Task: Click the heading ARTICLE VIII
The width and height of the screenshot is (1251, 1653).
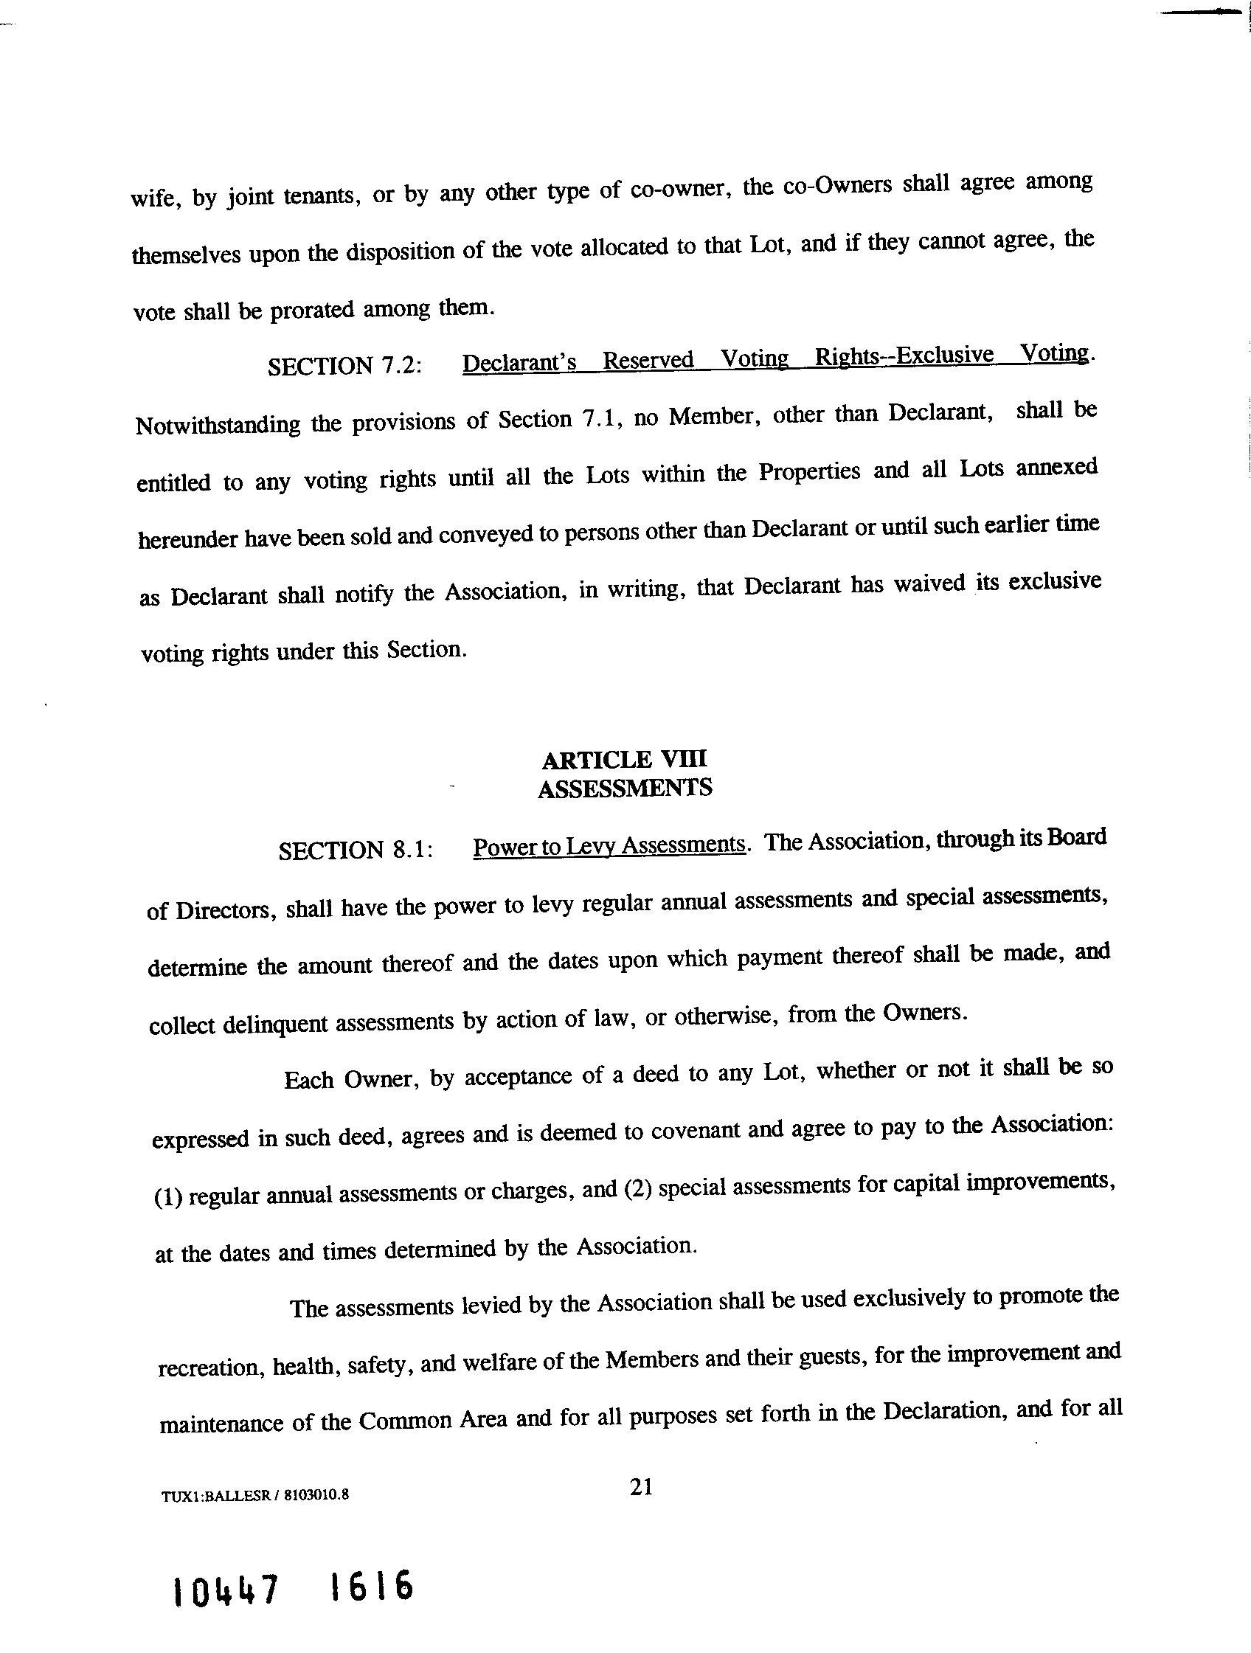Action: (624, 759)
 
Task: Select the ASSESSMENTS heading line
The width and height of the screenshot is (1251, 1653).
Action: (625, 788)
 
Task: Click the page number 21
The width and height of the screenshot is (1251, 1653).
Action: (641, 1486)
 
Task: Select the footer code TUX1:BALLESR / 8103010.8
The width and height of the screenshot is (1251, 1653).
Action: (254, 1494)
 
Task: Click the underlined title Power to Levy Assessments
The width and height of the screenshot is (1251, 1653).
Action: (609, 845)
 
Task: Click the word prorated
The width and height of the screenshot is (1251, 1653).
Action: (311, 310)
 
